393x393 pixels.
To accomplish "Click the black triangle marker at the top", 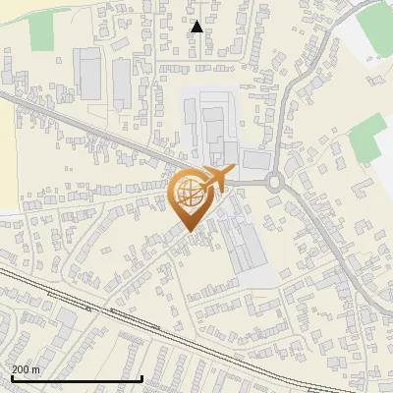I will [196, 27].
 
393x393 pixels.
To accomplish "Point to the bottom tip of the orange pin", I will [189, 230].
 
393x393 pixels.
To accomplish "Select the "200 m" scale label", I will [26, 369].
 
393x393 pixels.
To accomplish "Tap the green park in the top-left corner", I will [41, 32].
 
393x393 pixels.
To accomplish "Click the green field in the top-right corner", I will [374, 29].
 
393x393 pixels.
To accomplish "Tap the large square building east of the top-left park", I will [89, 74].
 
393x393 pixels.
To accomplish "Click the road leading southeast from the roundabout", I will [324, 236].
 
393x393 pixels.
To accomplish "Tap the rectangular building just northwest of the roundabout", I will [254, 158].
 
